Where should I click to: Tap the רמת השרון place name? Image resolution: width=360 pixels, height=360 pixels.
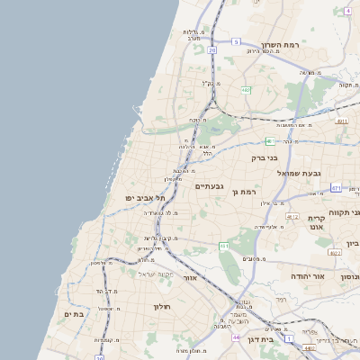pyautogui.click(x=279, y=45)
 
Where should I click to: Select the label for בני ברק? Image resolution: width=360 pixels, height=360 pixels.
pyautogui.click(x=267, y=157)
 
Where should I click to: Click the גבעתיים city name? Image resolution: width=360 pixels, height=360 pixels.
pyautogui.click(x=210, y=186)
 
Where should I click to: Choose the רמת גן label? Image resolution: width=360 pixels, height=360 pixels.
pyautogui.click(x=243, y=192)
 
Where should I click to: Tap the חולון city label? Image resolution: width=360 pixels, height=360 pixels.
pyautogui.click(x=162, y=307)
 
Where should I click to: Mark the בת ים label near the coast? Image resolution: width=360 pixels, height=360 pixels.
pyautogui.click(x=74, y=314)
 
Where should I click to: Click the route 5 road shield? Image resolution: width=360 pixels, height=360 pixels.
pyautogui.click(x=236, y=41)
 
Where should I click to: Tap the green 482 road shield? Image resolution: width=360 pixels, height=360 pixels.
pyautogui.click(x=246, y=90)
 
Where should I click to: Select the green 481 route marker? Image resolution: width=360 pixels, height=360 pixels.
pyautogui.click(x=270, y=140)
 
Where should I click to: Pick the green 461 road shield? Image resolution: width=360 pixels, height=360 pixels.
pyautogui.click(x=224, y=246)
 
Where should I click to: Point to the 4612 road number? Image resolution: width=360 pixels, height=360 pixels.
pyautogui.click(x=292, y=217)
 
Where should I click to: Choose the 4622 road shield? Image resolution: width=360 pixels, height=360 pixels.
pyautogui.click(x=335, y=253)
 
